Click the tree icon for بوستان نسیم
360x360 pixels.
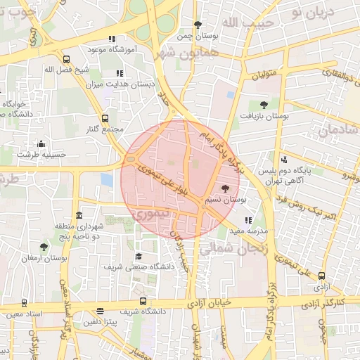pyautogui.click(x=225, y=188)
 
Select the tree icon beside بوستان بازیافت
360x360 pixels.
pyautogui.click(x=264, y=104)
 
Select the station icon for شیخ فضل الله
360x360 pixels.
pyautogui.click(x=66, y=60)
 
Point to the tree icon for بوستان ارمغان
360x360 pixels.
pyautogui.click(x=44, y=247)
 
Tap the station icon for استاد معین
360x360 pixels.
pyautogui.click(x=25, y=303)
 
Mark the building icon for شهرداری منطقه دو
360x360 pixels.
pyautogui.click(x=78, y=215)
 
